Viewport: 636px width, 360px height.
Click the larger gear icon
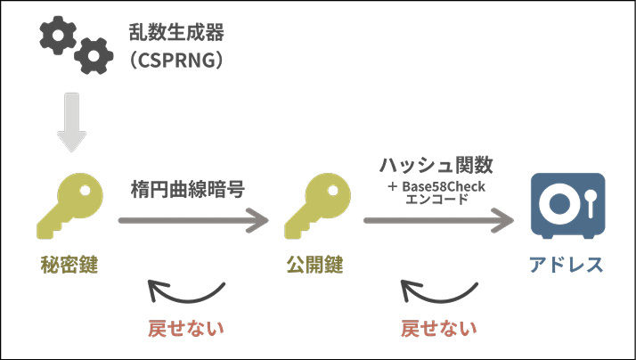click(57, 36)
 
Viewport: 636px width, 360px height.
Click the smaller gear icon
click(92, 57)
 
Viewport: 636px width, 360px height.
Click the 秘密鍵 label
click(69, 265)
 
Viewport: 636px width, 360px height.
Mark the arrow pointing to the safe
click(439, 218)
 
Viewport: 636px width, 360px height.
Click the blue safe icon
click(567, 208)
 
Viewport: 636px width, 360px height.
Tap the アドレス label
click(567, 265)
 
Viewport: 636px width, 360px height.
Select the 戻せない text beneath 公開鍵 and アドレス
click(438, 327)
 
